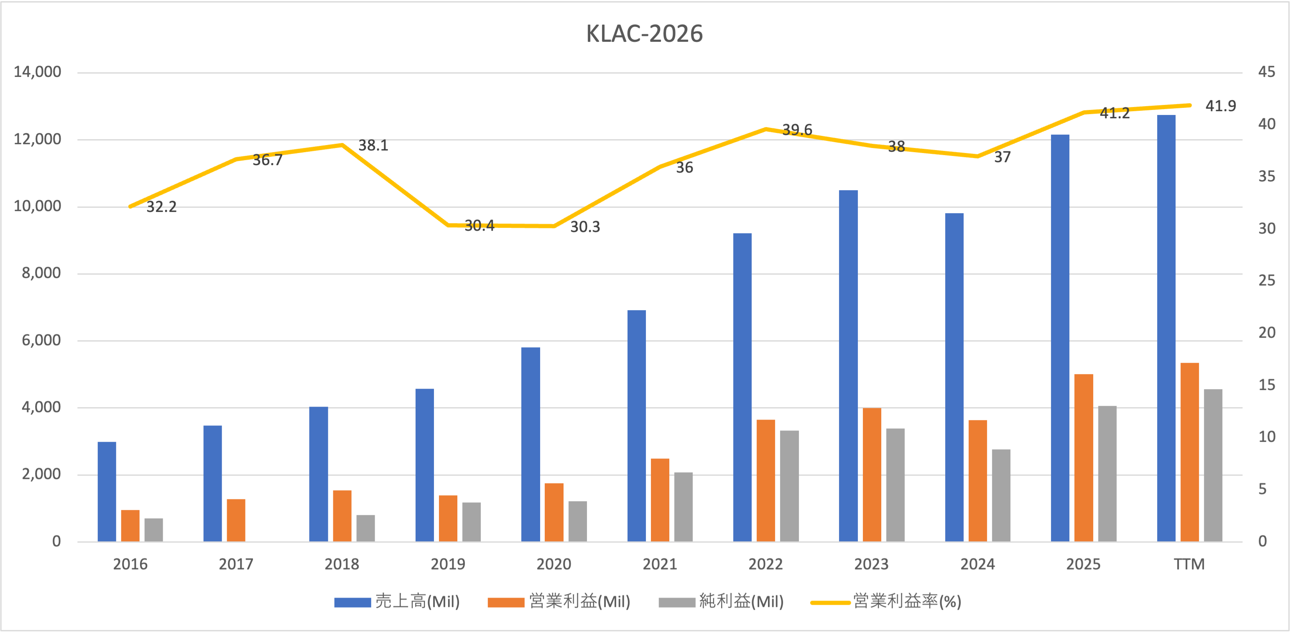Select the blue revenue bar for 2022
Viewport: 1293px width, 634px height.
[742, 387]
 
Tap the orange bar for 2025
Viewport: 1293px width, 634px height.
[1083, 457]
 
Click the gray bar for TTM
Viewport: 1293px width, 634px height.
[1213, 465]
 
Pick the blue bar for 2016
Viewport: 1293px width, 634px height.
[107, 491]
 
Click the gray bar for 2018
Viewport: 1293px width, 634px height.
[365, 528]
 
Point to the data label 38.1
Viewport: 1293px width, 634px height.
[373, 145]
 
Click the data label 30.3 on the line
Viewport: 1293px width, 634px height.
[585, 227]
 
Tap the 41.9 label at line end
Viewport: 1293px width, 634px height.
[1221, 106]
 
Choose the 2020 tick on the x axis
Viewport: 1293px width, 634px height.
[553, 564]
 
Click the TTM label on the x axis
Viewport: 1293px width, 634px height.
[1189, 564]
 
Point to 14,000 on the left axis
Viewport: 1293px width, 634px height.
[38, 72]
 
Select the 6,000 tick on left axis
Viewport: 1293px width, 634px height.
[41, 340]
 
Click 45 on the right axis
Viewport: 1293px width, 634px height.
[1266, 72]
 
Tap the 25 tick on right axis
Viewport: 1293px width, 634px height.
[1266, 280]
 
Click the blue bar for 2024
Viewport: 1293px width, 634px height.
[954, 377]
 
